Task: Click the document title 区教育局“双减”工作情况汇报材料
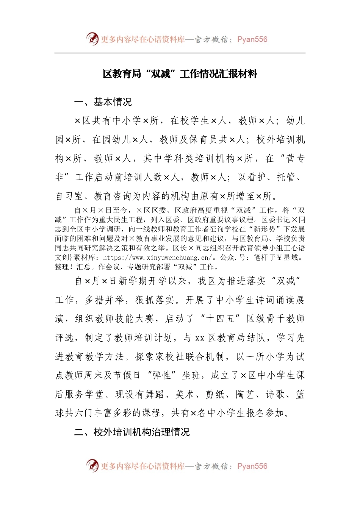click(180, 74)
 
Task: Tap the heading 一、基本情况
click(103, 102)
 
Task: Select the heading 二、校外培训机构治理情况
click(132, 432)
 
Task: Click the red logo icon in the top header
click(92, 39)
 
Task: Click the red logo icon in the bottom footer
click(92, 466)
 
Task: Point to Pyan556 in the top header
click(252, 39)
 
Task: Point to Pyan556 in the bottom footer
click(252, 466)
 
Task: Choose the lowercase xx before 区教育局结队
click(200, 338)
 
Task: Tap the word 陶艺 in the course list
click(245, 394)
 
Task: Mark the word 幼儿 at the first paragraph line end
click(296, 121)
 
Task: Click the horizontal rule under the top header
click(180, 53)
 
